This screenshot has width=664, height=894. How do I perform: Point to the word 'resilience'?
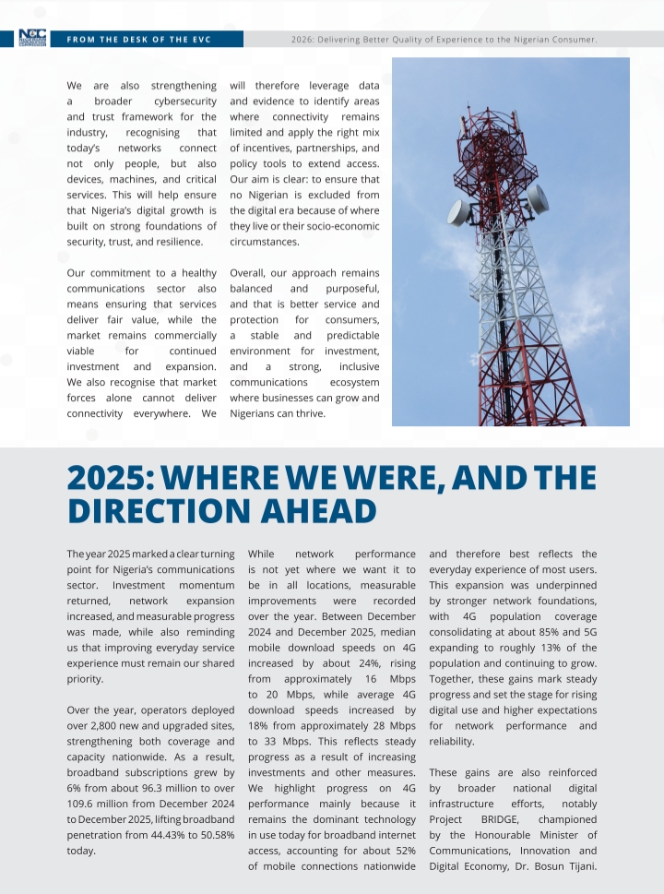tap(178, 242)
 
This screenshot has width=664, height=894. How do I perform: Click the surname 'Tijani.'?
tap(574, 866)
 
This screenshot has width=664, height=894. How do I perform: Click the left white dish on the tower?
tap(459, 212)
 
